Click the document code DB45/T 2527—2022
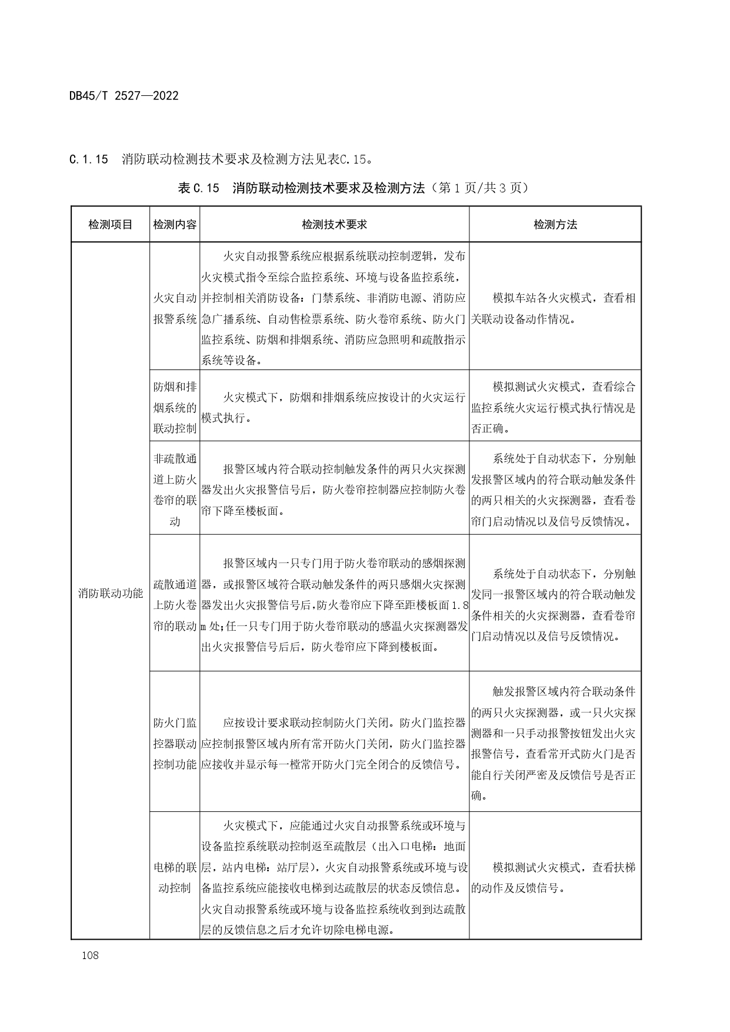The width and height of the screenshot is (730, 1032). pyautogui.click(x=124, y=95)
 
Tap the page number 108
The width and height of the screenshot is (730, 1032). pyautogui.click(x=91, y=955)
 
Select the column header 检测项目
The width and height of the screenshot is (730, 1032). pyautogui.click(x=110, y=224)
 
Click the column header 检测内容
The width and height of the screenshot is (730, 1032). pyautogui.click(x=175, y=224)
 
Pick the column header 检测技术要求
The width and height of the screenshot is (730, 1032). pyautogui.click(x=334, y=224)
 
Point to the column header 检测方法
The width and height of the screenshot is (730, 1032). pyautogui.click(x=555, y=224)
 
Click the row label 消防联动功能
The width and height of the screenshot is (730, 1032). pyautogui.click(x=110, y=593)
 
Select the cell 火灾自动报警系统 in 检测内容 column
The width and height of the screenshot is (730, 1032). pyautogui.click(x=175, y=308)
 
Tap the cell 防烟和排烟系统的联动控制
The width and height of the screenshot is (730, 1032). pyautogui.click(x=175, y=407)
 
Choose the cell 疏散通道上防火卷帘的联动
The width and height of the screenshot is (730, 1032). pyautogui.click(x=175, y=605)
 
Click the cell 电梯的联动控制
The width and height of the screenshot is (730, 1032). pyautogui.click(x=175, y=877)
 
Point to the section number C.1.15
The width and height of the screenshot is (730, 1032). pyautogui.click(x=89, y=159)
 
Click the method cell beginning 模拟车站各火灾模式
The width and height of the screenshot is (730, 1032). pyautogui.click(x=555, y=308)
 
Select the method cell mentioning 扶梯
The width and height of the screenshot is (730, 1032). pyautogui.click(x=555, y=877)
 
